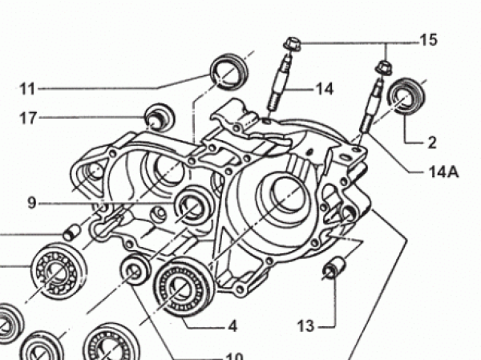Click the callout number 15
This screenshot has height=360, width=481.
(428, 40)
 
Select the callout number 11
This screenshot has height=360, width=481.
(27, 89)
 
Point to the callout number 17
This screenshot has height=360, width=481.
(28, 118)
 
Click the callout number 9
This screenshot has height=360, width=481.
(32, 203)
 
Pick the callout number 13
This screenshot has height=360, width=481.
(306, 326)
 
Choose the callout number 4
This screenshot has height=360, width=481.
(232, 326)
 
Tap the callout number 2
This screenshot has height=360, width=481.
(431, 143)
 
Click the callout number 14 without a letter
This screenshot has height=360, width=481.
(324, 89)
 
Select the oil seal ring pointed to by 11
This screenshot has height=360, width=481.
(229, 71)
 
